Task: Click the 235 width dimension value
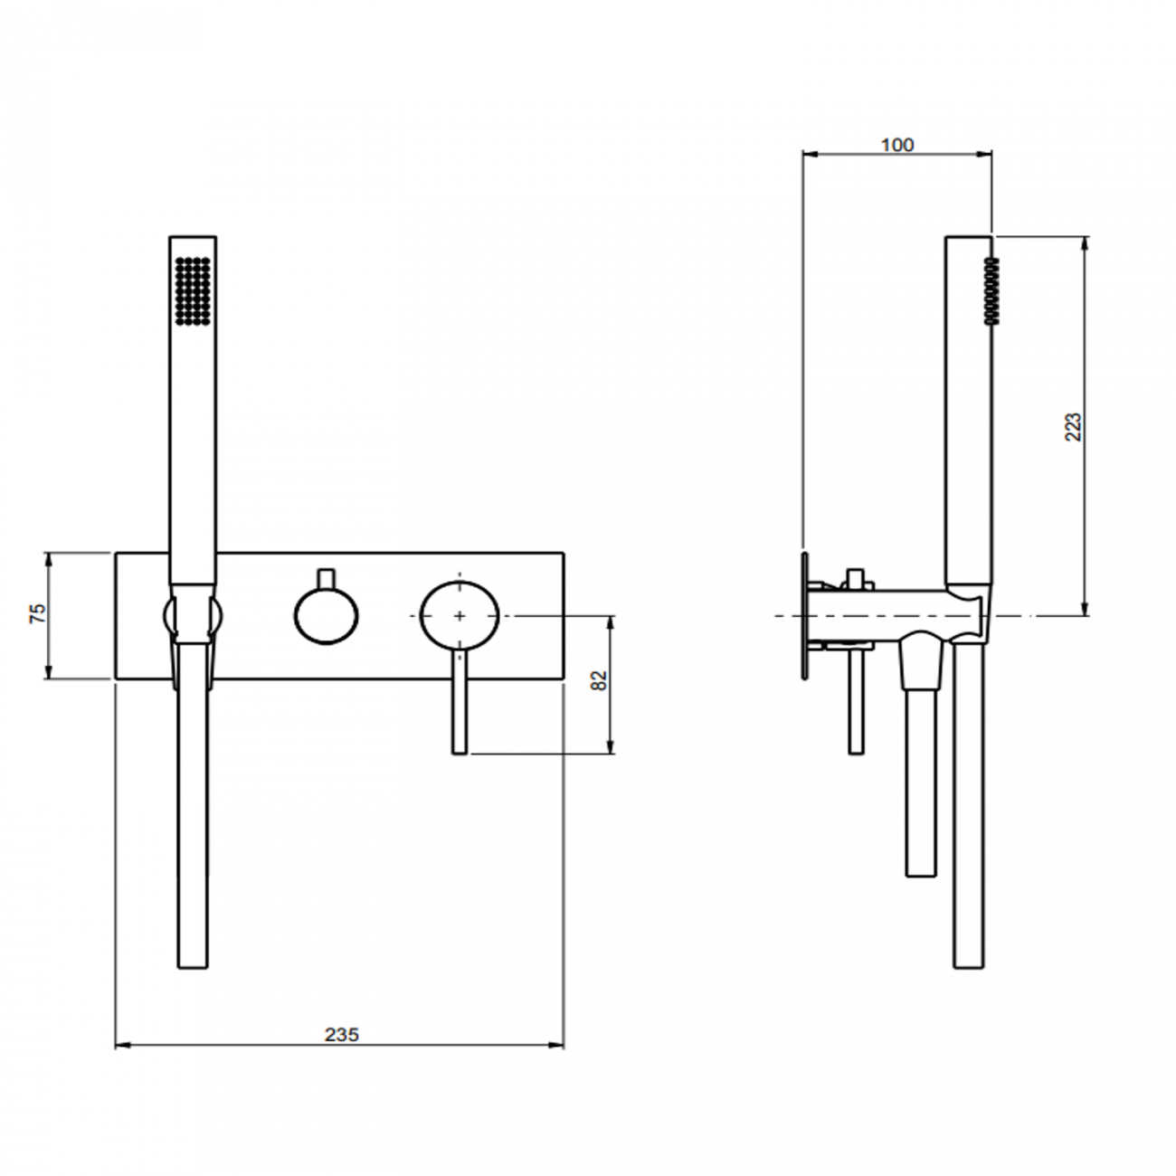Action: tap(341, 1034)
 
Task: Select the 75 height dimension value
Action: tap(37, 614)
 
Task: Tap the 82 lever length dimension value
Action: tap(599, 681)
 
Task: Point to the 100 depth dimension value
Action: tap(896, 145)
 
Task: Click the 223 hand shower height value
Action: tap(1073, 426)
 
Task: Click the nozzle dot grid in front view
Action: tap(193, 289)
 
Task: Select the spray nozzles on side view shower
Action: tap(991, 290)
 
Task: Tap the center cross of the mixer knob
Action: tap(460, 615)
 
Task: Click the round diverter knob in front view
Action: tap(326, 616)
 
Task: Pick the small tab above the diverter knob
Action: tap(326, 577)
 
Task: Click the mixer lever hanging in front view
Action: tap(460, 701)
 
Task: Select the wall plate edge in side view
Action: tap(803, 615)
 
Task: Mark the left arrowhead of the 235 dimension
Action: tap(121, 1046)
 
